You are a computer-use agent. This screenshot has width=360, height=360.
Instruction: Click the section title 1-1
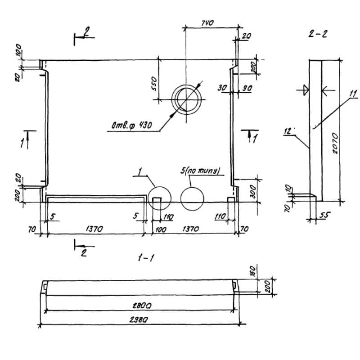click(145, 258)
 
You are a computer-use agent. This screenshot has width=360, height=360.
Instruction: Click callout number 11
click(353, 94)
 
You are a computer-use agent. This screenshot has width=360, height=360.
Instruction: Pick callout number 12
click(288, 131)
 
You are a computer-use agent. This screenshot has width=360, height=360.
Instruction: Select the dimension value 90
click(247, 89)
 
